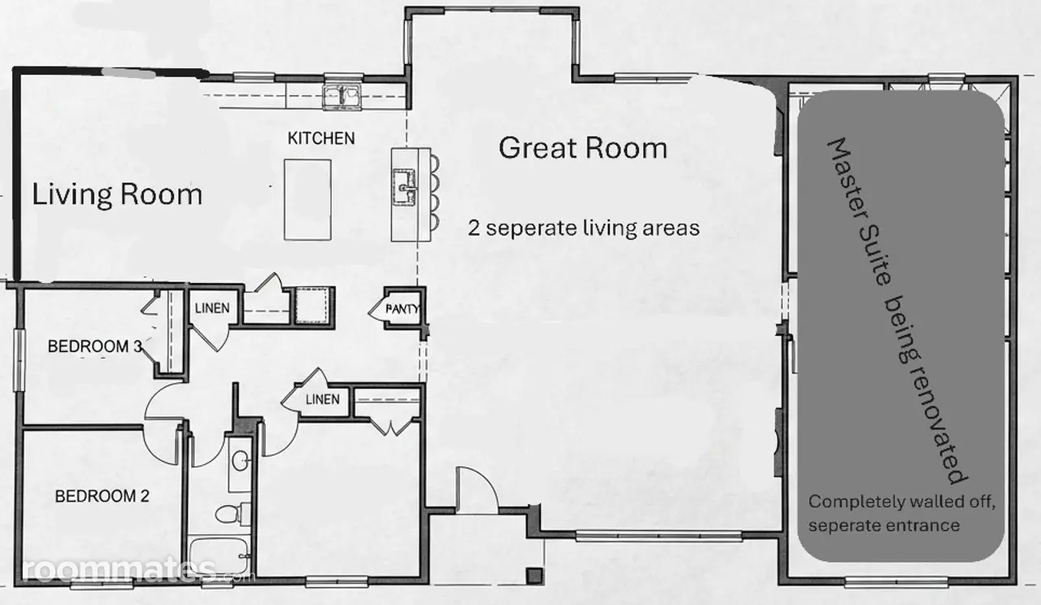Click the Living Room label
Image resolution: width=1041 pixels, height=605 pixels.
click(117, 194)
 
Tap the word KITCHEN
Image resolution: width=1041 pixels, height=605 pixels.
click(321, 138)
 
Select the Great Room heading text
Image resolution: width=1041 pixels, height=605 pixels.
click(583, 148)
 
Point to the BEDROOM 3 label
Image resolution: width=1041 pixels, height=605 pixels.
click(95, 346)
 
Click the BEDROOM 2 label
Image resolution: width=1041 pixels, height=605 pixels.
click(102, 496)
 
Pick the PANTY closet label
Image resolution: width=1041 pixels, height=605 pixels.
click(402, 308)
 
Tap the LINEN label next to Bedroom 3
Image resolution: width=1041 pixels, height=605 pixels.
click(212, 308)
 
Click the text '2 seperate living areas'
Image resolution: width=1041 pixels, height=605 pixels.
click(584, 229)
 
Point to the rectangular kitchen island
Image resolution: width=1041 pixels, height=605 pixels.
click(307, 200)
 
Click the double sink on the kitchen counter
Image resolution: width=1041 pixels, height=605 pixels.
click(343, 97)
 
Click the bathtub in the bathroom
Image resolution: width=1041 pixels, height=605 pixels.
click(220, 558)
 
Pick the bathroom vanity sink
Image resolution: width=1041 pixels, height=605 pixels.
click(240, 463)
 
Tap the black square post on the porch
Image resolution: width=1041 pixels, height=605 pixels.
click(534, 576)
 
